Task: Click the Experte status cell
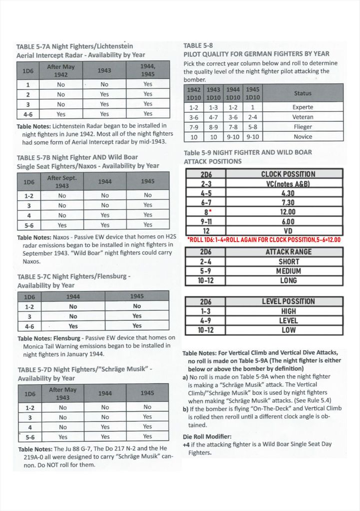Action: (x=303, y=107)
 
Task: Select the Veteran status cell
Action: (x=303, y=117)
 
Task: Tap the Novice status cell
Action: (x=303, y=137)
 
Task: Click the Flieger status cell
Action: (x=303, y=127)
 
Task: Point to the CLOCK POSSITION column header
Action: (x=288, y=174)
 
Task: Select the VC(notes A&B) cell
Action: (x=288, y=184)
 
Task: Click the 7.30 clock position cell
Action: (x=288, y=202)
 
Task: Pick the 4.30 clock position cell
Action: (x=288, y=193)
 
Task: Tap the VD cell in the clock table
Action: (x=288, y=231)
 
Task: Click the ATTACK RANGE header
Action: (x=288, y=252)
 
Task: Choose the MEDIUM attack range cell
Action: (x=288, y=271)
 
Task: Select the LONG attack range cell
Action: (x=288, y=280)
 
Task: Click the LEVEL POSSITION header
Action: (x=288, y=301)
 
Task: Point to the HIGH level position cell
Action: (x=288, y=311)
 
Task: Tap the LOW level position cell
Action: (x=288, y=330)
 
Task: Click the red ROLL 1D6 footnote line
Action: (x=264, y=240)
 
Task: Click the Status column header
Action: (x=303, y=93)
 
